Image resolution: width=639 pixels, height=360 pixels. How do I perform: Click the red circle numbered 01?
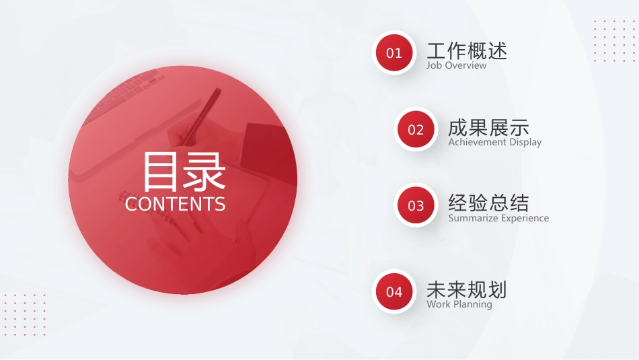[394, 52]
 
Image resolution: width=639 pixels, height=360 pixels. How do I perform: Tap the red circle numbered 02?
[416, 129]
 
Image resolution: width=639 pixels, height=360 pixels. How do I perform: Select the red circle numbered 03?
[416, 205]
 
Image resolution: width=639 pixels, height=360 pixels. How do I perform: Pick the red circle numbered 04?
[394, 291]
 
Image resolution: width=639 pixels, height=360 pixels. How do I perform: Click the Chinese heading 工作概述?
[467, 50]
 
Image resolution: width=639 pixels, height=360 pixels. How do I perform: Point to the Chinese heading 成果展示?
[488, 127]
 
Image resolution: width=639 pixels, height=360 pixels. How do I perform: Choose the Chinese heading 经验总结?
[488, 203]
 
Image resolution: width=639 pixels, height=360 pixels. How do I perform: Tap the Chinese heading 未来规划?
[467, 289]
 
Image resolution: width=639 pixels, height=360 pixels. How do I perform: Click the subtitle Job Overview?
[457, 66]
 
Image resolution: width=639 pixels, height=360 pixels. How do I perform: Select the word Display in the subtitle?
[525, 142]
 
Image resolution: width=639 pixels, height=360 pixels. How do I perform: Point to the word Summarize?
[472, 218]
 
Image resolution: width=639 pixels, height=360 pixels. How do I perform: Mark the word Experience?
[524, 218]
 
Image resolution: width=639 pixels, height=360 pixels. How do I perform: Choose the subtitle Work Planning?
[459, 304]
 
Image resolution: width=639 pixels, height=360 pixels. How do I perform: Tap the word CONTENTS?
[176, 204]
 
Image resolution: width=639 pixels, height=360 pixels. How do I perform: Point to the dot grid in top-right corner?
[614, 41]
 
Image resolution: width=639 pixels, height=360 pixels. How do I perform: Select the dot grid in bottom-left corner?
[24, 314]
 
